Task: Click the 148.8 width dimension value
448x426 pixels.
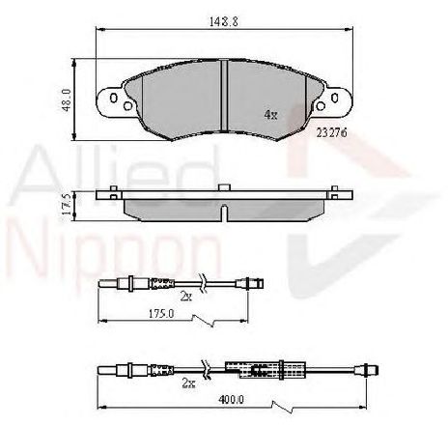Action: click(x=224, y=21)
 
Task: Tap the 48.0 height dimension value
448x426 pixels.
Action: click(x=67, y=100)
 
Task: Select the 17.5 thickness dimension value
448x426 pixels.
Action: click(x=66, y=205)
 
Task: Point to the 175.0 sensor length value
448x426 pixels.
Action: click(x=161, y=313)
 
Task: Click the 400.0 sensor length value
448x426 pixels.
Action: click(x=231, y=399)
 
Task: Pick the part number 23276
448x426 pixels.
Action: click(x=331, y=132)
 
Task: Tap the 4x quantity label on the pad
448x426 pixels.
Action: click(x=270, y=115)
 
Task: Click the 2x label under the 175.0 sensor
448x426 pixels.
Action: click(x=186, y=297)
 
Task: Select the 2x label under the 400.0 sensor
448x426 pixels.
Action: click(x=188, y=383)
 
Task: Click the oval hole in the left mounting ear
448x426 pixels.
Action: click(x=113, y=98)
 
